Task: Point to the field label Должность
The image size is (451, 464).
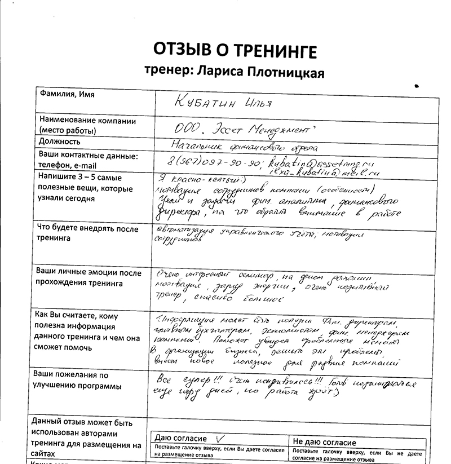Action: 60,142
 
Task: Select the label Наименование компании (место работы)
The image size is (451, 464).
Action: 87,125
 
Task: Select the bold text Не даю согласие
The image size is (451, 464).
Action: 324,443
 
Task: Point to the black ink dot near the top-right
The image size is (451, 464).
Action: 416,86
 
